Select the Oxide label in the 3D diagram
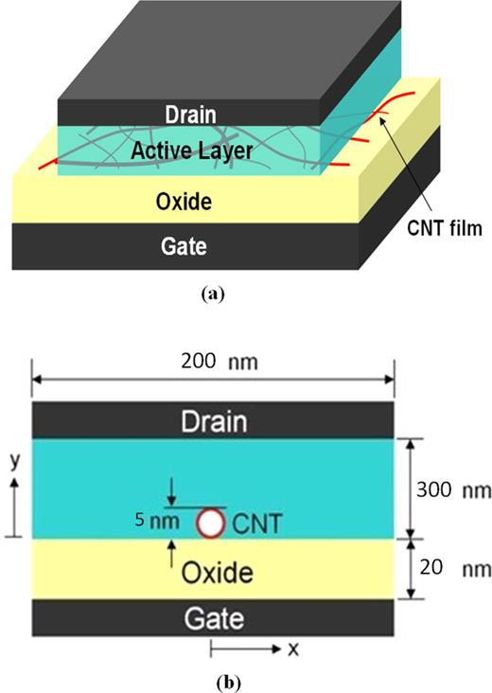(x=184, y=201)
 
